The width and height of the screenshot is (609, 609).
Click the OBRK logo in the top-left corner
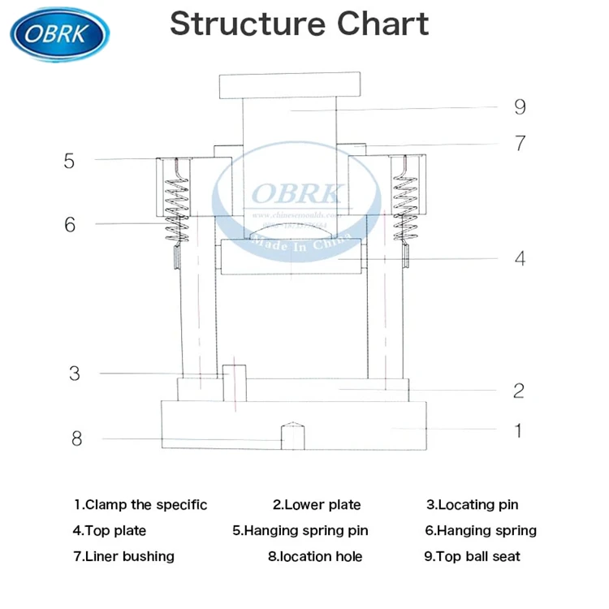pyautogui.click(x=59, y=32)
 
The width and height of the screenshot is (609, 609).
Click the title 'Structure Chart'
pyautogui.click(x=299, y=24)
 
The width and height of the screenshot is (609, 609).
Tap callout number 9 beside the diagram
pyautogui.click(x=520, y=106)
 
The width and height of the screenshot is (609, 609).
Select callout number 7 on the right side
pyautogui.click(x=520, y=144)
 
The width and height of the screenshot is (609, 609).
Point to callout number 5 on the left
pyautogui.click(x=69, y=161)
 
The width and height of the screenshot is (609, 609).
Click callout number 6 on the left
pyautogui.click(x=70, y=224)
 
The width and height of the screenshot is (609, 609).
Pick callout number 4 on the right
pyautogui.click(x=520, y=259)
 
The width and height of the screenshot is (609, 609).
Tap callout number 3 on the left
pyautogui.click(x=75, y=374)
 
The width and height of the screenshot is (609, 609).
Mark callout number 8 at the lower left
pyautogui.click(x=76, y=438)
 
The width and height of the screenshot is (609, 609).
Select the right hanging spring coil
pyautogui.click(x=403, y=206)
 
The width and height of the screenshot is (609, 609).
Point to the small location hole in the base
pyautogui.click(x=292, y=436)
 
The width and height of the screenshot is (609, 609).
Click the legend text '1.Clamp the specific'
pyautogui.click(x=140, y=505)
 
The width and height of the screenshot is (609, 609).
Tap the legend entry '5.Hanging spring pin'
pyautogui.click(x=300, y=531)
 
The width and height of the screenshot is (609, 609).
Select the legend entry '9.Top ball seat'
pyautogui.click(x=473, y=556)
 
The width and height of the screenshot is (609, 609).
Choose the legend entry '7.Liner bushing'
pyautogui.click(x=123, y=556)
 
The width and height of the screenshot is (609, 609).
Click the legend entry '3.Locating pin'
pyautogui.click(x=473, y=505)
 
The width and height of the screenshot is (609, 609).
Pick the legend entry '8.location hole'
pyautogui.click(x=315, y=556)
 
